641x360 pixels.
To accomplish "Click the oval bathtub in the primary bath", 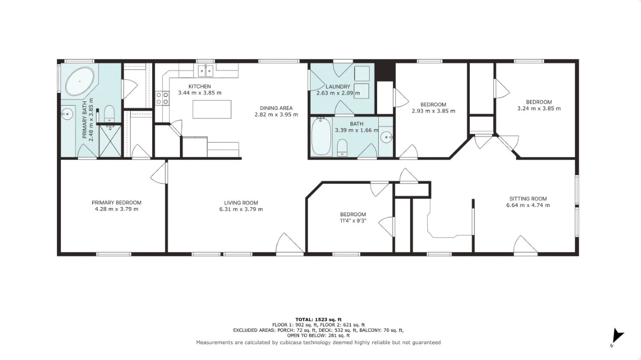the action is pos(79,81).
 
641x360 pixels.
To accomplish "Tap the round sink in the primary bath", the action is pos(67,114).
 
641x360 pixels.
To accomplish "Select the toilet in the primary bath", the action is pos(109,114).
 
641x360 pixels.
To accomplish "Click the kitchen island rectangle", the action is pos(212,109).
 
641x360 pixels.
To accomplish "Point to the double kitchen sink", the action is pos(206,71).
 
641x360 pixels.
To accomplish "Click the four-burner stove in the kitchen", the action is pos(162,97).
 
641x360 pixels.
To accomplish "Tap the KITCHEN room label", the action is pos(200,86).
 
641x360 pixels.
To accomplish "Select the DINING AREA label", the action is pos(276,108).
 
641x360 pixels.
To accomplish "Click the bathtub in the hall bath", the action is pos(321,136).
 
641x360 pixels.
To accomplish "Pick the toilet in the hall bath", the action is pos(342,148).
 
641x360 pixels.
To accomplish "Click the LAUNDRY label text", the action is pos(338,86).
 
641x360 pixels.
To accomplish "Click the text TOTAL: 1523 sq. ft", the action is pos(318,319).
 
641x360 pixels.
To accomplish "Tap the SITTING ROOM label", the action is pos(528,198).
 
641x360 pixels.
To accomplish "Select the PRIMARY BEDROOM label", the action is pos(117,203).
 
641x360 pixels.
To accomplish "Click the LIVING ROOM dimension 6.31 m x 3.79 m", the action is pos(241,209).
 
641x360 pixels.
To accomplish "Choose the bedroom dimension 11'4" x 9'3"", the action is pos(353,221).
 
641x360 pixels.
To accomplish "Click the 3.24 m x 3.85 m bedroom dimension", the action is pos(539,109).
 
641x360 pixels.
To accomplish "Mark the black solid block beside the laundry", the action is pos(385,71).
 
